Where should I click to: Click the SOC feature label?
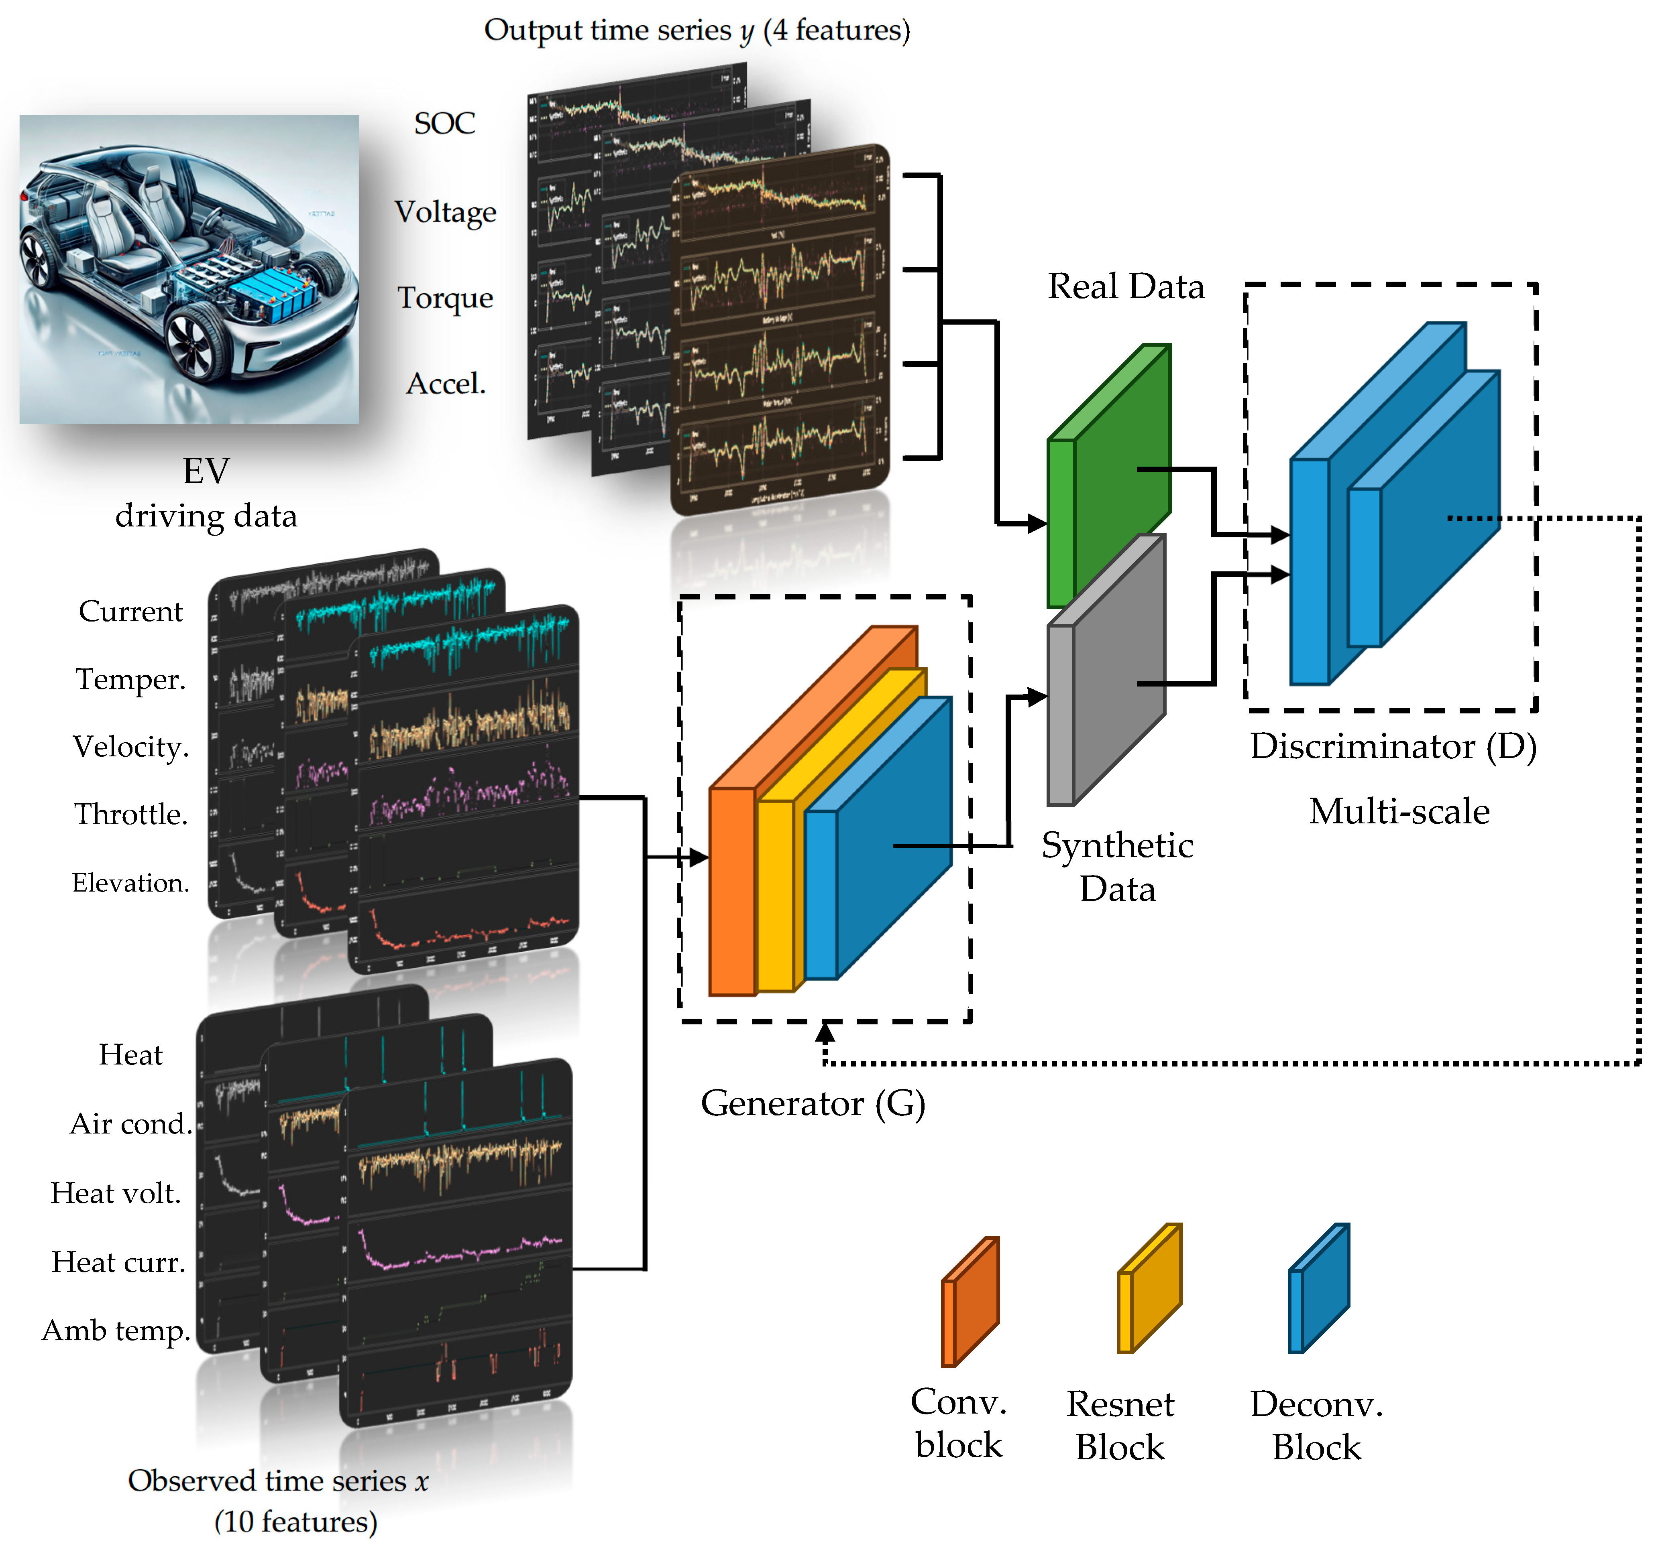click(444, 124)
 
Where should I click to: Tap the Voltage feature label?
click(444, 213)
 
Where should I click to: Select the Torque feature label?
click(444, 298)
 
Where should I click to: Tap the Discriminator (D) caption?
click(1393, 746)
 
